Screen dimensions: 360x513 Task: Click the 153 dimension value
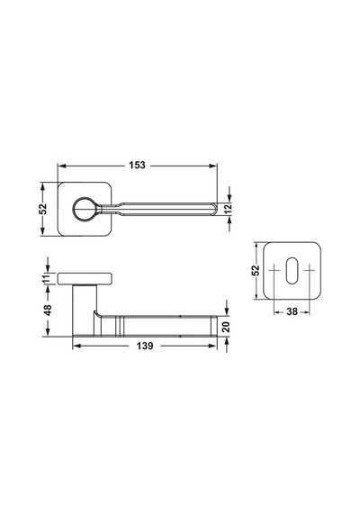pyautogui.click(x=137, y=166)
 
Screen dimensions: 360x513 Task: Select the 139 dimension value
pyautogui.click(x=145, y=346)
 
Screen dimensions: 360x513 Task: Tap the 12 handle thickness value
pyautogui.click(x=229, y=209)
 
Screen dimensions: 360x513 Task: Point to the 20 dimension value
pyautogui.click(x=226, y=327)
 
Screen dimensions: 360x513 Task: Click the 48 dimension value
pyautogui.click(x=48, y=310)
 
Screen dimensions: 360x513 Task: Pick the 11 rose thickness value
pyautogui.click(x=47, y=278)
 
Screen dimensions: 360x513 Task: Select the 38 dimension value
pyautogui.click(x=292, y=311)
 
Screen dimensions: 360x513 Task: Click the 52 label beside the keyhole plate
pyautogui.click(x=256, y=270)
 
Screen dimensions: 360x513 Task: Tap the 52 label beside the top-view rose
pyautogui.click(x=43, y=209)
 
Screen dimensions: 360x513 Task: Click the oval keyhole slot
pyautogui.click(x=292, y=271)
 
